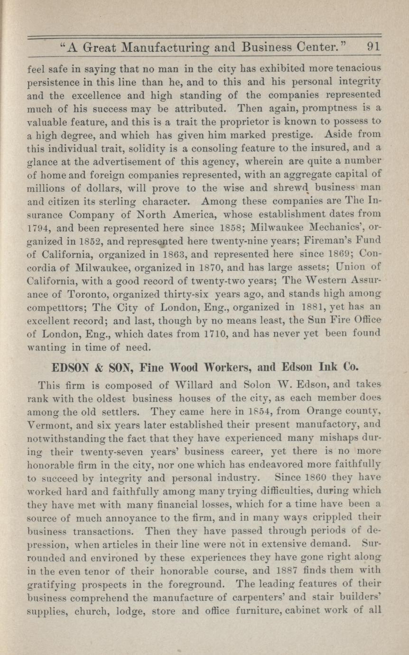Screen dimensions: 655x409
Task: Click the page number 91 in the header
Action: (373, 47)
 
